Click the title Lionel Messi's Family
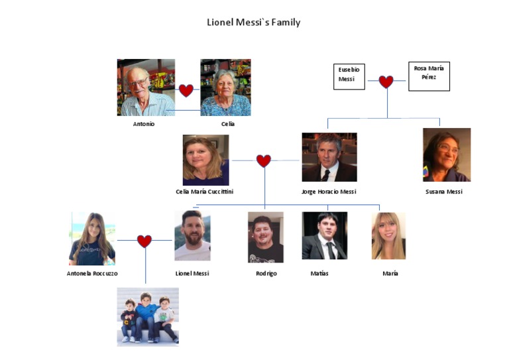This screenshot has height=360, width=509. coord(254,23)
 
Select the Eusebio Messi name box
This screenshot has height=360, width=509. coord(349,76)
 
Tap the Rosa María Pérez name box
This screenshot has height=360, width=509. coord(429,76)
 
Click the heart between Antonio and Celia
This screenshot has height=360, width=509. coord(186,90)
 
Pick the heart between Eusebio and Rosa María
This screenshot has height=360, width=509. coord(386,82)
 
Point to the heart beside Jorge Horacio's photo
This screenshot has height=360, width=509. coord(264,160)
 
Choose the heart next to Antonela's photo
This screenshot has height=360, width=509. coord(144,241)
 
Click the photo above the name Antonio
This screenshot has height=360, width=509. coord(146,88)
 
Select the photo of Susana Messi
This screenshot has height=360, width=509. coord(447,155)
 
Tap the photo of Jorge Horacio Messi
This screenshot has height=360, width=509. coord(329,157)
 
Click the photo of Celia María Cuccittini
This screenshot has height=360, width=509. coord(205,160)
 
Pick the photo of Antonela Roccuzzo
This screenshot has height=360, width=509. coord(92,239)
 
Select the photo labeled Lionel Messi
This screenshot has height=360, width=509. coord(192,236)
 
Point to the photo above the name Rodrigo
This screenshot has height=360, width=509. coord(266,237)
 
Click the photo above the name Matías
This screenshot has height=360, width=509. coord(324,235)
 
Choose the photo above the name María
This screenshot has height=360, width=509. coord(388,235)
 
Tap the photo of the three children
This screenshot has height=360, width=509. coord(148,316)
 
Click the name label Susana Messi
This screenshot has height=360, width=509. coord(444,192)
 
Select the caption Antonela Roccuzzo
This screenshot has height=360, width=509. coord(93,273)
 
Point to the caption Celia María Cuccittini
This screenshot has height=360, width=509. coord(204,192)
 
